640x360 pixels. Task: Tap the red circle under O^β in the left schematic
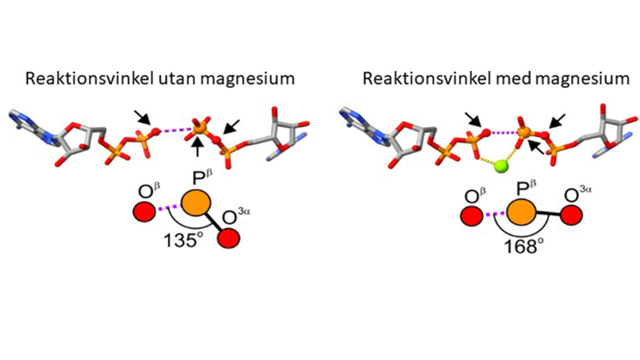(x=144, y=211)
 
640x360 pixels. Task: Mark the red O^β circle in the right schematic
(x=470, y=215)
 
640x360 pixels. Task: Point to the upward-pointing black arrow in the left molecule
(x=198, y=147)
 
